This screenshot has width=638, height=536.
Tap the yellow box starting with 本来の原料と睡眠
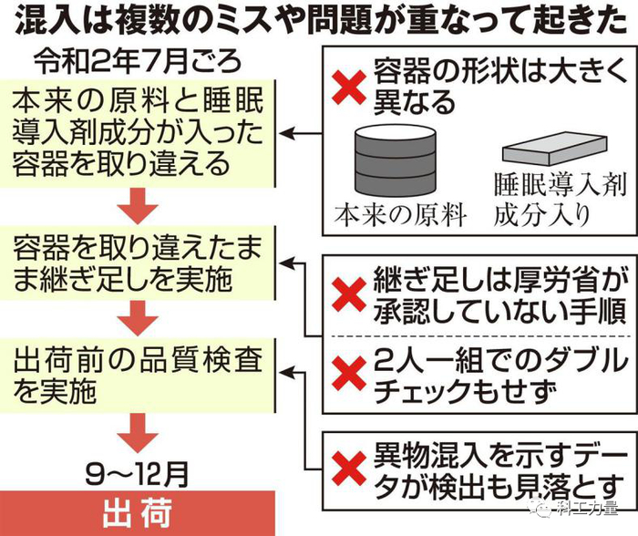click(x=138, y=135)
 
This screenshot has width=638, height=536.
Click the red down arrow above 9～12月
click(x=138, y=428)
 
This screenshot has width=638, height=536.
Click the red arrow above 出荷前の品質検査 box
click(x=138, y=317)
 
